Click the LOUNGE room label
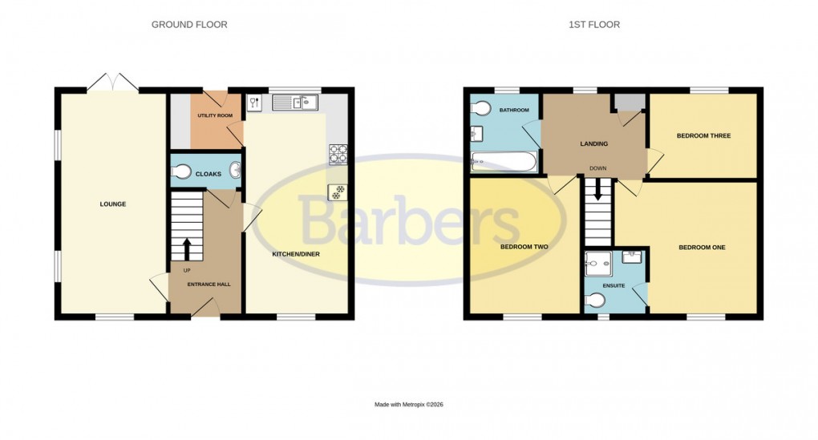click(112, 204)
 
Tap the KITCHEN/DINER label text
click(296, 254)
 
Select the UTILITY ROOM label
click(215, 116)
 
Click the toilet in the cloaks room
click(181, 171)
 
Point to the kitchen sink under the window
click(295, 103)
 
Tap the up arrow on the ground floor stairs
click(188, 248)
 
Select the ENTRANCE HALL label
click(206, 285)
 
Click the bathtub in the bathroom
click(504, 163)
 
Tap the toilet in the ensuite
click(595, 300)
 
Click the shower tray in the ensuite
click(598, 259)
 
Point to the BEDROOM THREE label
click(703, 136)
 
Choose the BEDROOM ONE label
click(702, 248)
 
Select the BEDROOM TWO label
click(524, 247)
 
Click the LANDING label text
click(594, 144)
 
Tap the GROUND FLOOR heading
click(189, 25)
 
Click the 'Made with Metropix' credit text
click(408, 405)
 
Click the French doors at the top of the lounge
click(112, 82)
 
